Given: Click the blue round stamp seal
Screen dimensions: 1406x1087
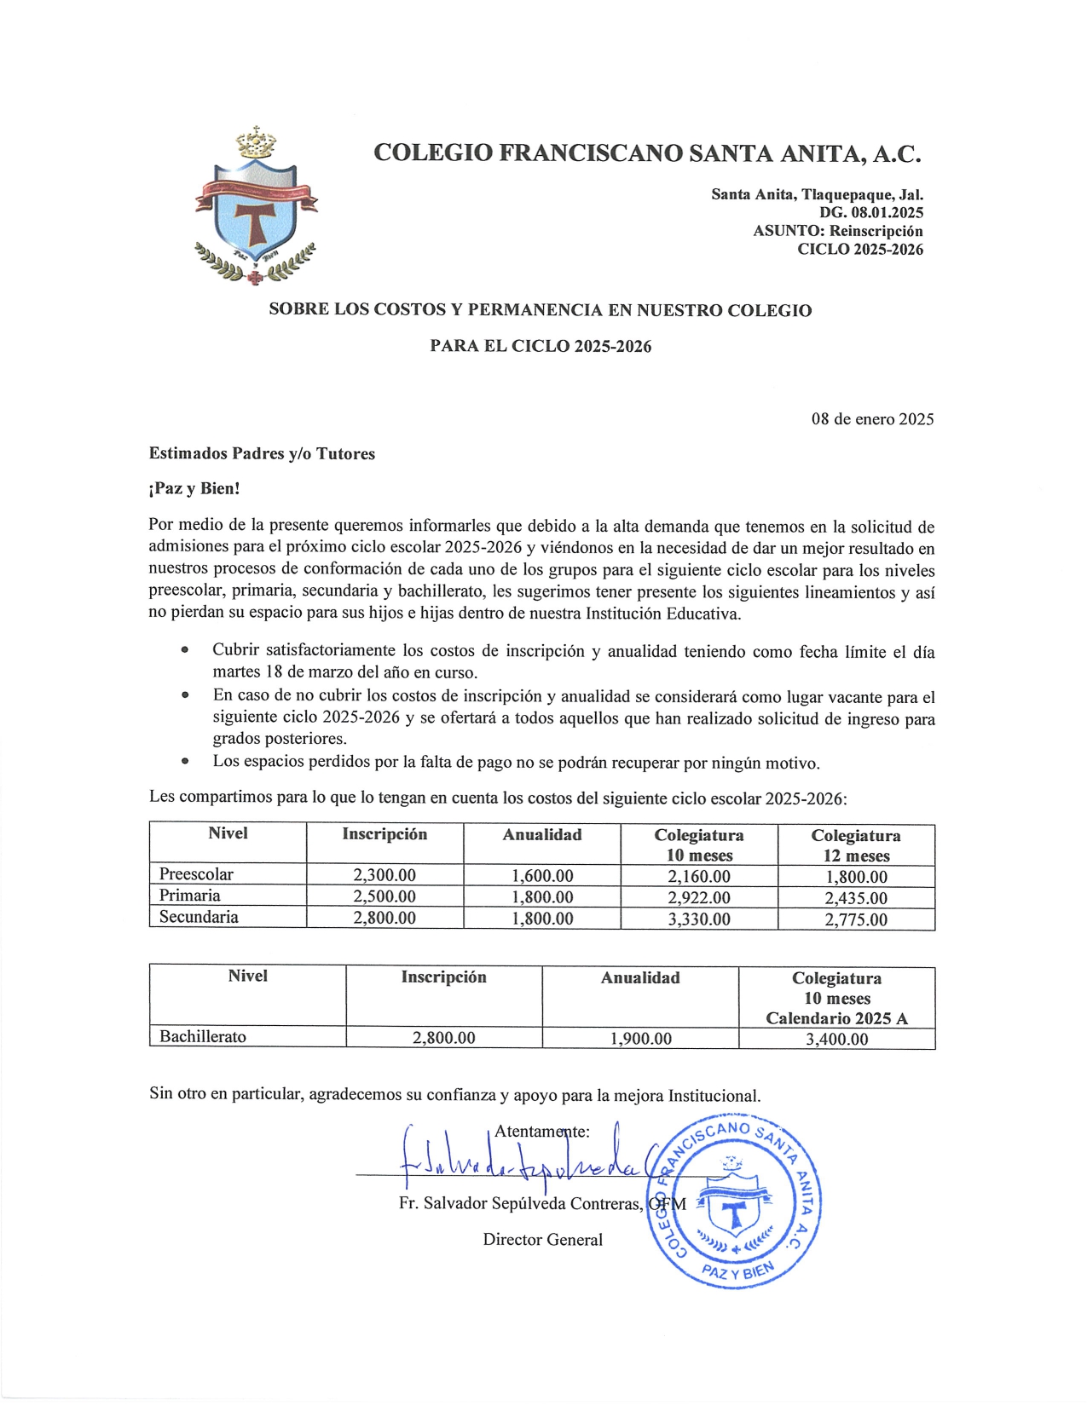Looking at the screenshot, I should (x=735, y=1201).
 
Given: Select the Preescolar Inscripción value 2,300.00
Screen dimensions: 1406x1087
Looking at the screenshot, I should (x=384, y=875).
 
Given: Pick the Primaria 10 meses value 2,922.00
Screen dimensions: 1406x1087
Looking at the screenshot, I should (x=698, y=897).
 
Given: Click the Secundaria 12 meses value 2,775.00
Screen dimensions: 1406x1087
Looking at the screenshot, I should (x=855, y=919).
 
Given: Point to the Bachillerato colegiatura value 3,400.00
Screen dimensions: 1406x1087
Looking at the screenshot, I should (x=836, y=1039).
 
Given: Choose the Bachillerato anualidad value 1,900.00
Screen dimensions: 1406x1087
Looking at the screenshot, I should (x=640, y=1039).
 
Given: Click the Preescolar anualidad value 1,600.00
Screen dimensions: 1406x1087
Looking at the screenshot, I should (x=542, y=875).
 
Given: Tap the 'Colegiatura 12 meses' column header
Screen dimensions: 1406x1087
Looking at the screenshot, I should (x=855, y=845).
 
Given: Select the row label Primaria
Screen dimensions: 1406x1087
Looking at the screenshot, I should (x=190, y=896).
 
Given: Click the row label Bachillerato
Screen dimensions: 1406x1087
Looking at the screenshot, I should (x=203, y=1037).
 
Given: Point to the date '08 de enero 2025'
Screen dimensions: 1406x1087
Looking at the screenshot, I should (x=872, y=419).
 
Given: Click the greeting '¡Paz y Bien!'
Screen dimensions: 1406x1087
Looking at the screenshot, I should (x=194, y=488).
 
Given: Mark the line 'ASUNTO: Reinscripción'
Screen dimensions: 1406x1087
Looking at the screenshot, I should (x=837, y=231).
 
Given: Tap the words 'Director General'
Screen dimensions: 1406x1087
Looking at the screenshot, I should (x=542, y=1240).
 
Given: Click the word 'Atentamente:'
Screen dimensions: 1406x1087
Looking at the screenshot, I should (x=542, y=1132).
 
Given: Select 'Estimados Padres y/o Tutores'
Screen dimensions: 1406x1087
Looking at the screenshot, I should (x=262, y=453).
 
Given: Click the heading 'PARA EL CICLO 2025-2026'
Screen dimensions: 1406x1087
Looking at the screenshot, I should (x=541, y=346).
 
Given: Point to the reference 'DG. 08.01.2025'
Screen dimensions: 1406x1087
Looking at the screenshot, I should (x=871, y=212).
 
